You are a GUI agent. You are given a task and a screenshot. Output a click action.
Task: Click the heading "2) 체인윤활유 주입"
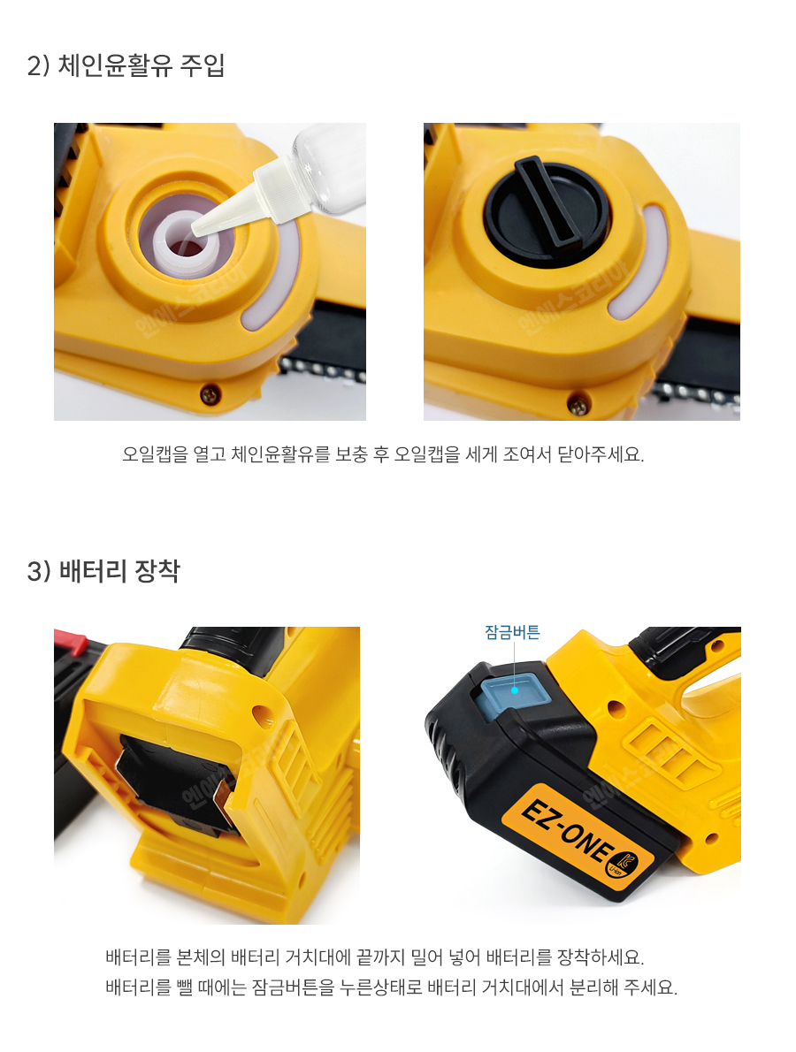[x=126, y=65]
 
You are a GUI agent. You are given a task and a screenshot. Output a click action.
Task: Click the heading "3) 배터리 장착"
[x=103, y=571]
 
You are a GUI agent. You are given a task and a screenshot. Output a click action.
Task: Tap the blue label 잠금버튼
[x=512, y=632]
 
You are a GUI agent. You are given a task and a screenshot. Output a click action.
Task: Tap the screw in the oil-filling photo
[x=210, y=393]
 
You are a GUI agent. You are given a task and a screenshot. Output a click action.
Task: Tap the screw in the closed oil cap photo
[x=578, y=404]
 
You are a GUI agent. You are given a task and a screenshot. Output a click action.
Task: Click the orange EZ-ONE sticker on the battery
[x=578, y=836]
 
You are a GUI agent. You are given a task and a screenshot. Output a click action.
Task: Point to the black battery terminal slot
[x=180, y=781]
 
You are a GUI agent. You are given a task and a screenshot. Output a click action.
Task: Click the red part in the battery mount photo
[x=70, y=642]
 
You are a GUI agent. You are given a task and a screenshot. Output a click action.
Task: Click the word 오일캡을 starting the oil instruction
[x=155, y=455]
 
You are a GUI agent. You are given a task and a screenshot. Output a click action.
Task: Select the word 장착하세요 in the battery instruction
[x=601, y=957]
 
